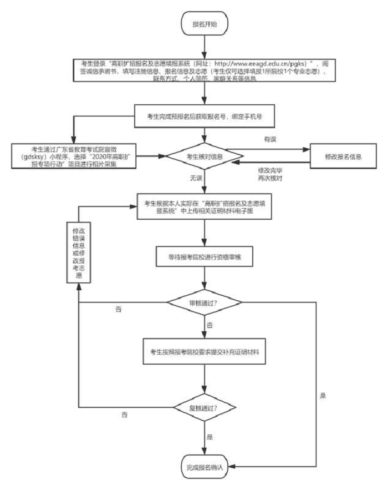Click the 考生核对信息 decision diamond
[x=205, y=156]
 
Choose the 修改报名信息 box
[x=343, y=156]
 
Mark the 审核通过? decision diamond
[x=205, y=303]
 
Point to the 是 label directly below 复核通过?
[x=210, y=437]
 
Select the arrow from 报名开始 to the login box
[x=205, y=46]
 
